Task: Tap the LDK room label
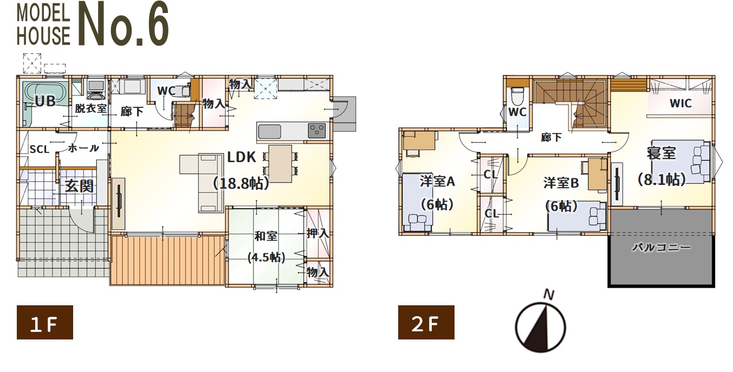tap(242, 157)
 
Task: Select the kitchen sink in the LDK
tap(269, 132)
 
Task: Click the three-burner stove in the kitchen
tap(316, 131)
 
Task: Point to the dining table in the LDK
tap(280, 164)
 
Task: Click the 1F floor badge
tap(45, 322)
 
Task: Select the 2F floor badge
tap(426, 322)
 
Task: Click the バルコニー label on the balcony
tap(661, 247)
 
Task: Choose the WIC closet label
tap(680, 104)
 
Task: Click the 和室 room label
tap(265, 236)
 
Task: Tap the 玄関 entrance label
tap(79, 186)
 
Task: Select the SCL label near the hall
tap(39, 150)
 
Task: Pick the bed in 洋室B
tap(577, 216)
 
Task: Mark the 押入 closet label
tap(317, 234)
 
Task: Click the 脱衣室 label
tap(90, 108)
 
